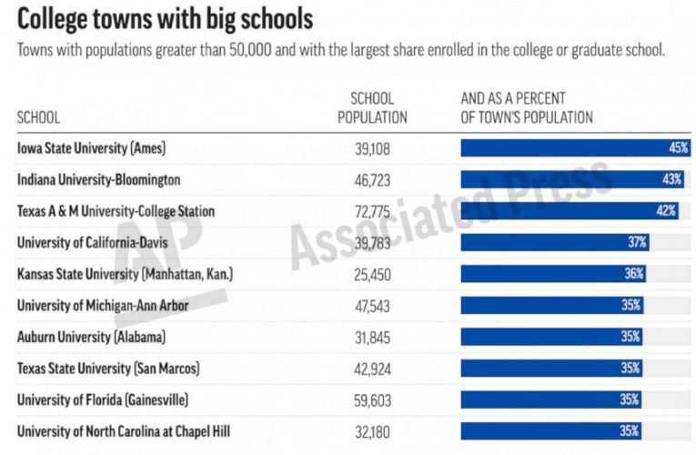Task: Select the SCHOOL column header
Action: [x=39, y=117]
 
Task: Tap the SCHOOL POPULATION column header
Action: [x=372, y=108]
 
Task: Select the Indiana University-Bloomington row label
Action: [x=99, y=179]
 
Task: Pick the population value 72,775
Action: [x=373, y=211]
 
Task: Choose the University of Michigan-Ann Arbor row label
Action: [x=103, y=306]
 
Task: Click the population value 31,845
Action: [x=373, y=337]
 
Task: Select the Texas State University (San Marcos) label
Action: [x=108, y=369]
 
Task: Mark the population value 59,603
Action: [x=373, y=399]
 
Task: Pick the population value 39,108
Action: [x=373, y=147]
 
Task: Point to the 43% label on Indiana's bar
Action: [x=671, y=179]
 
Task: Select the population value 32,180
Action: [x=373, y=431]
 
